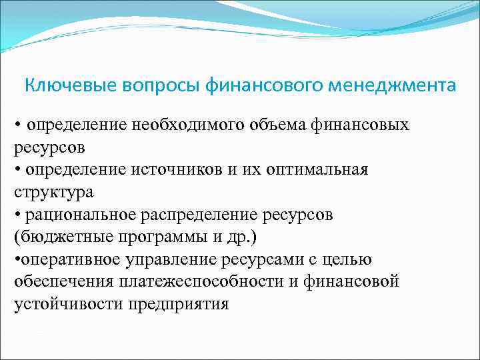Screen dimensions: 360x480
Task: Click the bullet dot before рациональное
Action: [x=17, y=215]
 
